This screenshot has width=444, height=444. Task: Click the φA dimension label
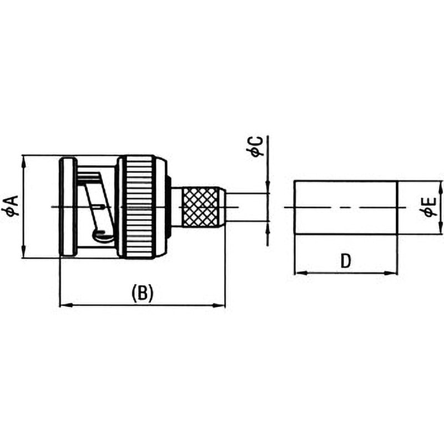[13, 206]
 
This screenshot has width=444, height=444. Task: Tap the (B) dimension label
[143, 294]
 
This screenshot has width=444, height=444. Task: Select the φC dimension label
[256, 146]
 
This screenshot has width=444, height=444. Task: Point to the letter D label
[345, 261]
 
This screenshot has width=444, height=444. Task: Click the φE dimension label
[431, 207]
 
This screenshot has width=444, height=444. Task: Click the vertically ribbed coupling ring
[139, 206]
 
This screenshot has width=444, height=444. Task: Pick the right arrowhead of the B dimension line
[219, 305]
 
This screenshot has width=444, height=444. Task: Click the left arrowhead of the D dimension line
[301, 273]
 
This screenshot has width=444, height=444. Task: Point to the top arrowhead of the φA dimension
[24, 162]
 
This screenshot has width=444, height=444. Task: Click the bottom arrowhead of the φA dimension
[24, 251]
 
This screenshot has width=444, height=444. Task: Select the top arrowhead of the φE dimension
[441, 188]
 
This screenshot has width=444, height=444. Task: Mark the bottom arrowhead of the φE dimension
[441, 228]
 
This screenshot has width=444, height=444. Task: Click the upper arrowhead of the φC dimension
[268, 187]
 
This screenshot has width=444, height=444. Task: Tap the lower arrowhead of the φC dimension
[268, 228]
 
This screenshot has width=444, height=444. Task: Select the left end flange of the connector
[68, 207]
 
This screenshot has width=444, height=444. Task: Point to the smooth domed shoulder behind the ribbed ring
[162, 207]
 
